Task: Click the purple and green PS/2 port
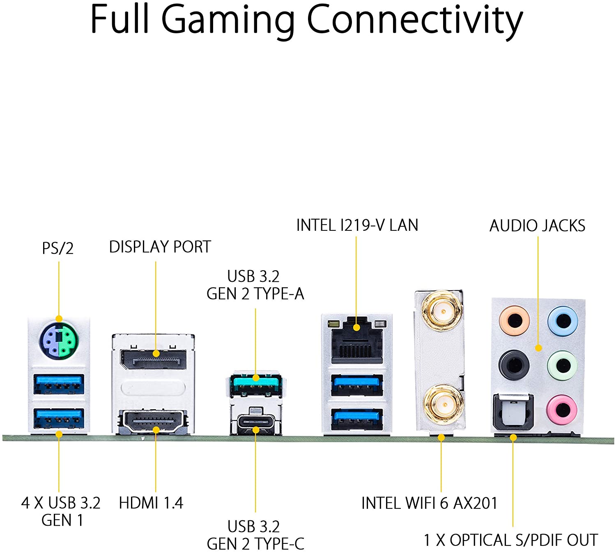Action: (x=59, y=340)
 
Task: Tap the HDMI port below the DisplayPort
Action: (x=153, y=422)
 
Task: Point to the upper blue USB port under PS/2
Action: (x=59, y=384)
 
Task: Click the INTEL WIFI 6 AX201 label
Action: (x=429, y=503)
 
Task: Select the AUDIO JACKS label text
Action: (x=537, y=225)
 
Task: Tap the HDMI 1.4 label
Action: (x=151, y=503)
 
